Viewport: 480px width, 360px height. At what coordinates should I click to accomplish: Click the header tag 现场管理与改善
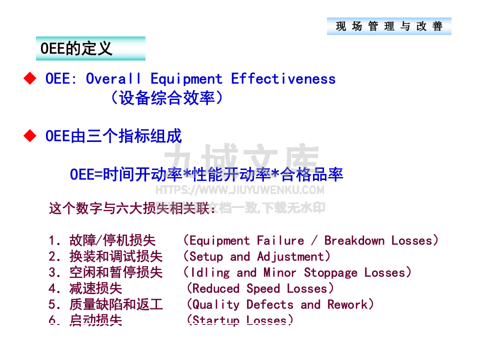(389, 26)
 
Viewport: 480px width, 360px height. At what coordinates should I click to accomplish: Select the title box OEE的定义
(90, 48)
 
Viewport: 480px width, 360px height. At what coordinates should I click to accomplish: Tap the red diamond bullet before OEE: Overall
(31, 78)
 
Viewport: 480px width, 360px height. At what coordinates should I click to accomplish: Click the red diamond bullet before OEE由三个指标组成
(31, 136)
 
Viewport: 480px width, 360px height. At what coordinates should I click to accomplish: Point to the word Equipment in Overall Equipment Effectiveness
(186, 79)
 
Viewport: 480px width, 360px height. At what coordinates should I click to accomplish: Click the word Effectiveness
(283, 79)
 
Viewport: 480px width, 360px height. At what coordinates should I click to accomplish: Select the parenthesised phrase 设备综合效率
(166, 97)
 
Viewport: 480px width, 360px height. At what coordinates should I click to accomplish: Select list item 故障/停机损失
(112, 240)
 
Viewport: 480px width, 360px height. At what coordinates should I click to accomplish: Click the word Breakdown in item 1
(354, 240)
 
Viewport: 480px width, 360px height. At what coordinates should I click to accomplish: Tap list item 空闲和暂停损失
(116, 272)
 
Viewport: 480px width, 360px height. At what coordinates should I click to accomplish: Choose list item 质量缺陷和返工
(116, 304)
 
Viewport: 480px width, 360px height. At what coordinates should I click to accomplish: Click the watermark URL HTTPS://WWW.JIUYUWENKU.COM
(239, 190)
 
